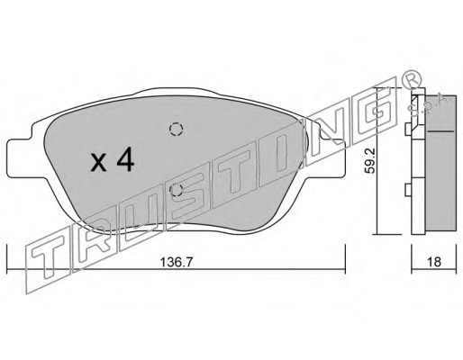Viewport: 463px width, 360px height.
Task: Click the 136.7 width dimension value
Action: (x=176, y=262)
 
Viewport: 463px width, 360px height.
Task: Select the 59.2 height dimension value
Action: (x=369, y=165)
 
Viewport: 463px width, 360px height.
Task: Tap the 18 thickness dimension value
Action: (x=434, y=262)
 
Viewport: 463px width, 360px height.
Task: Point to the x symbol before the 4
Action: (x=99, y=164)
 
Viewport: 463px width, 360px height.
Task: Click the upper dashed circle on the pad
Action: (x=176, y=130)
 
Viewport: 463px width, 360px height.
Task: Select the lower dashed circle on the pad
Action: (x=176, y=190)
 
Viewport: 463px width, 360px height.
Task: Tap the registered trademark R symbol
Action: (x=412, y=78)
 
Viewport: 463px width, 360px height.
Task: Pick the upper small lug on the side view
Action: (x=408, y=130)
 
